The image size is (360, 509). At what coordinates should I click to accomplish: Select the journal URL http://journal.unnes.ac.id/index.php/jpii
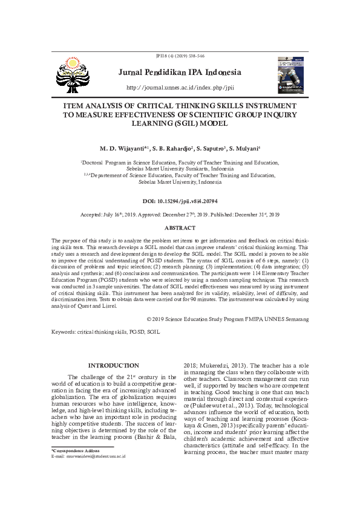(180, 88)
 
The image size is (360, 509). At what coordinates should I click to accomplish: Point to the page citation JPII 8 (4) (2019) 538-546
(180, 56)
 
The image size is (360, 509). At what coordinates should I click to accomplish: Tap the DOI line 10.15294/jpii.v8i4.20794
(180, 201)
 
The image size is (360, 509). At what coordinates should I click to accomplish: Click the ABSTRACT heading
(180, 228)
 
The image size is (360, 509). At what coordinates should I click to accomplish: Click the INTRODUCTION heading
(114, 365)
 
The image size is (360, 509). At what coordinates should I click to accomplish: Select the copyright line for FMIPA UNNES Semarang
(227, 319)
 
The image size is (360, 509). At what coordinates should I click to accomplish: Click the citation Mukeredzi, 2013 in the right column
(223, 365)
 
